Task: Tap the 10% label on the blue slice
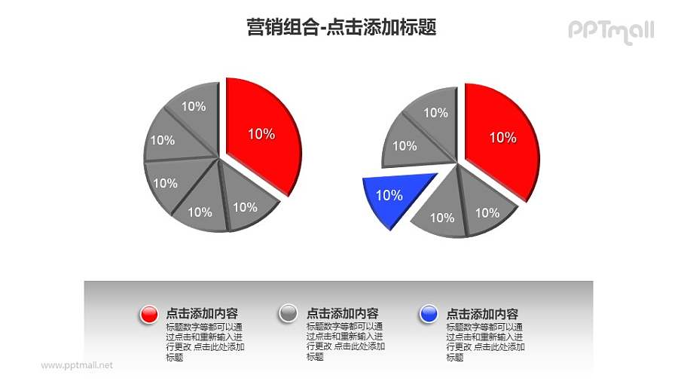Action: (x=389, y=195)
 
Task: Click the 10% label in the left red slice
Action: (x=261, y=134)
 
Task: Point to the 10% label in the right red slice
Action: (x=502, y=138)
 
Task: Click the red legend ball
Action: (x=148, y=314)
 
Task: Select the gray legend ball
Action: (x=289, y=313)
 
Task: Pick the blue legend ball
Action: (x=429, y=313)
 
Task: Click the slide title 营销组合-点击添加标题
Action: (x=341, y=28)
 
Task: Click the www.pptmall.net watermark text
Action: (x=77, y=365)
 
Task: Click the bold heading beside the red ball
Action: (x=202, y=313)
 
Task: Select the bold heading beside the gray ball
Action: (x=342, y=313)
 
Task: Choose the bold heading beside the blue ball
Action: (x=482, y=313)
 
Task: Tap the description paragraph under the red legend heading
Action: (x=204, y=342)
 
